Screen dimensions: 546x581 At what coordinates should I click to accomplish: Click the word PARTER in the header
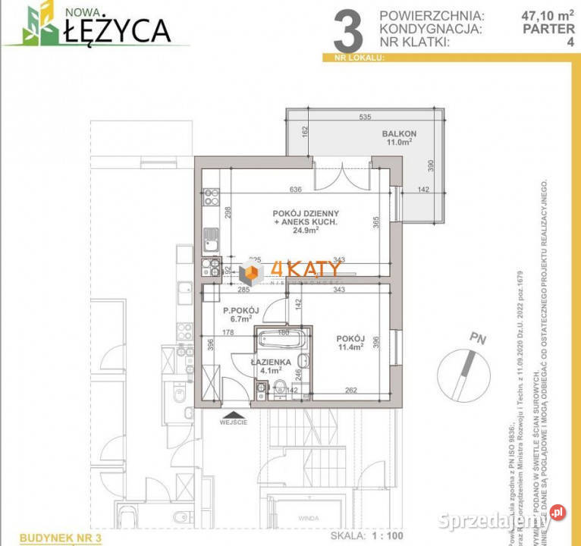click(x=548, y=29)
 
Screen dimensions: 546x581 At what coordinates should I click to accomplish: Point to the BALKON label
click(x=399, y=133)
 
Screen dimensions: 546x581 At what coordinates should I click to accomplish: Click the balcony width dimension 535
click(x=365, y=118)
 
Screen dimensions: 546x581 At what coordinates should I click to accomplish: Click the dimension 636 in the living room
click(x=297, y=190)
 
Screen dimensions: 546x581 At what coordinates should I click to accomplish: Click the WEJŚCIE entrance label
click(x=233, y=422)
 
